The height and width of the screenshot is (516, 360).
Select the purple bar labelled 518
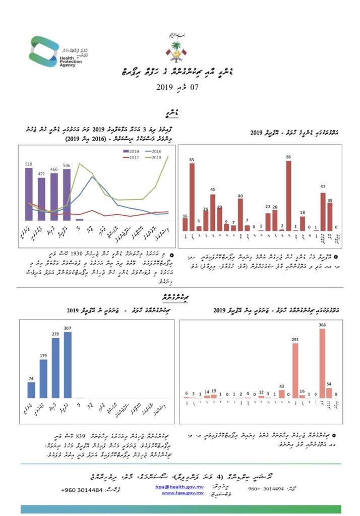29,194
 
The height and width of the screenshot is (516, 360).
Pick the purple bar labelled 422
41,199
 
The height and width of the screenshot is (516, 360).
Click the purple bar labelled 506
67,195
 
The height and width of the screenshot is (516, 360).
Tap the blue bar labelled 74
31,390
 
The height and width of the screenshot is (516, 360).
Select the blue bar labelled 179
43,378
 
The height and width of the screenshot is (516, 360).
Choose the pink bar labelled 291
295,370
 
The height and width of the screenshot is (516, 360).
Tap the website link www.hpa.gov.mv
182,493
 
